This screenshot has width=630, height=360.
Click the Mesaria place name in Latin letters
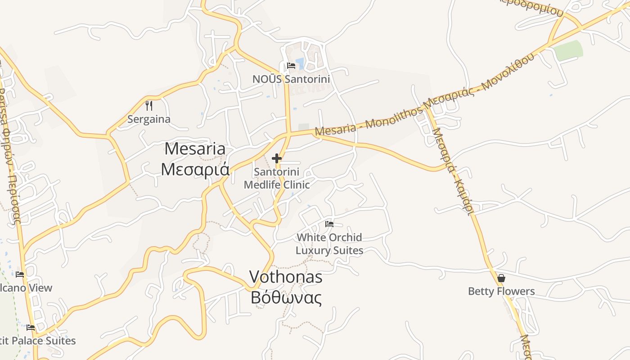(195, 148)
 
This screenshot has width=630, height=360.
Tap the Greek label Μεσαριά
(195, 169)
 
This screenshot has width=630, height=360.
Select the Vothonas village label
(286, 277)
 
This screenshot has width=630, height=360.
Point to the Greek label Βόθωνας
(286, 297)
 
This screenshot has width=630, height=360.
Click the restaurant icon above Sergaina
(149, 106)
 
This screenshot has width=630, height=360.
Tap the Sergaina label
(149, 119)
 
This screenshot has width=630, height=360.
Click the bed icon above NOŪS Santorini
(291, 66)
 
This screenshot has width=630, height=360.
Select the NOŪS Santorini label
(291, 79)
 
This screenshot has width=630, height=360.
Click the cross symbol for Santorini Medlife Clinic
(277, 158)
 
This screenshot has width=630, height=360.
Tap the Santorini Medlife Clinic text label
(277, 178)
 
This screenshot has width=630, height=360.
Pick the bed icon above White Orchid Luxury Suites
(329, 224)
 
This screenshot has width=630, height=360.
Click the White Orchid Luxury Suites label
(329, 243)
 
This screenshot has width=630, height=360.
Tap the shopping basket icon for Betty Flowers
(501, 278)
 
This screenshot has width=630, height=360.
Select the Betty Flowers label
(501, 291)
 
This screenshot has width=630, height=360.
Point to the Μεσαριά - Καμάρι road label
(452, 171)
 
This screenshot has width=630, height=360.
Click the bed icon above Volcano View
(20, 274)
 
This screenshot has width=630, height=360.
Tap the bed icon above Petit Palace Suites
(31, 328)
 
